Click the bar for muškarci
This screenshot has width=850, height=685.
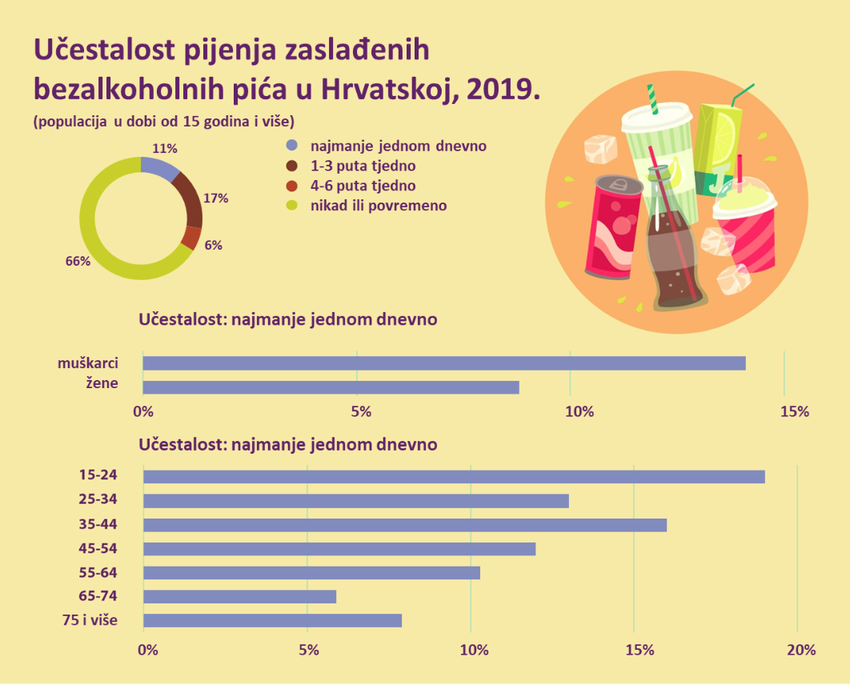pyautogui.click(x=444, y=363)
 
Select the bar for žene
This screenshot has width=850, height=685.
pyautogui.click(x=331, y=387)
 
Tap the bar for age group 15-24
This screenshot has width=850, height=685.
pyautogui.click(x=454, y=477)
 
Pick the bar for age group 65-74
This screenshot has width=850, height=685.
pyautogui.click(x=239, y=597)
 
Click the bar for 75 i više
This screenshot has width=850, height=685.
pyautogui.click(x=272, y=621)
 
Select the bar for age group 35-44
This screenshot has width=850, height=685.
pyautogui.click(x=404, y=525)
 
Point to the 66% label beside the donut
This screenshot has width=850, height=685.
pyautogui.click(x=78, y=261)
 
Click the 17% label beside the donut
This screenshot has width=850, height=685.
pyautogui.click(x=216, y=198)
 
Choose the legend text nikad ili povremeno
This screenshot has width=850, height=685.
pyautogui.click(x=379, y=206)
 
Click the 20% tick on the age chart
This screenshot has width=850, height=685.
pyautogui.click(x=800, y=649)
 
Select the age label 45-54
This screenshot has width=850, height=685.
pyautogui.click(x=98, y=549)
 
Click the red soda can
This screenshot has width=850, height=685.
pyautogui.click(x=612, y=228)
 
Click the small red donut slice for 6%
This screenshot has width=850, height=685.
pyautogui.click(x=190, y=238)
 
